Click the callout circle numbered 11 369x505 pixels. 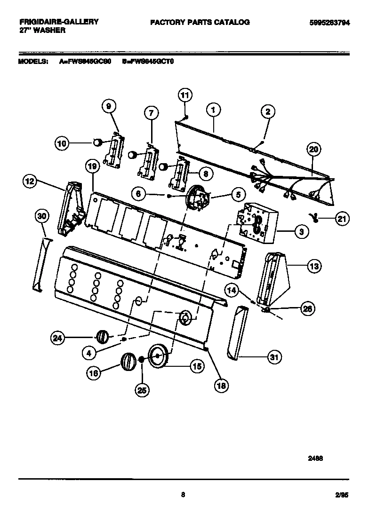pyautogui.click(x=184, y=95)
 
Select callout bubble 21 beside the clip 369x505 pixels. pyautogui.click(x=342, y=218)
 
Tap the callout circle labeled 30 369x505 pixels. pyautogui.click(x=42, y=216)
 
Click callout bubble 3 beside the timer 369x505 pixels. pyautogui.click(x=301, y=231)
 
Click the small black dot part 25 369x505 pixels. pyautogui.click(x=141, y=360)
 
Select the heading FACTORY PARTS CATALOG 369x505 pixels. pyautogui.click(x=200, y=22)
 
